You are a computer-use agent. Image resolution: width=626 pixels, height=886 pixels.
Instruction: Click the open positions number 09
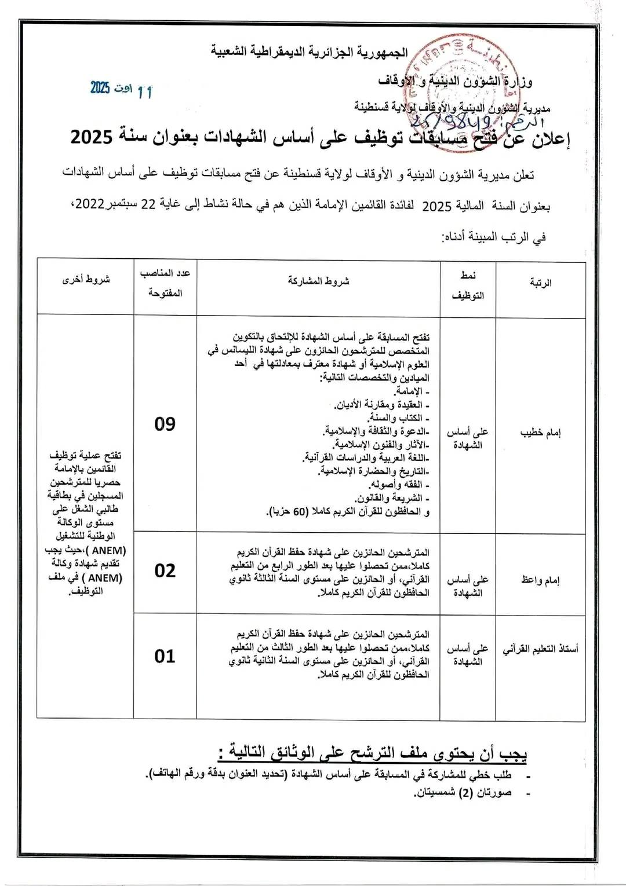coord(165,424)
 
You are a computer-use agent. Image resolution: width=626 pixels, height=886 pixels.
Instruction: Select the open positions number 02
coord(165,571)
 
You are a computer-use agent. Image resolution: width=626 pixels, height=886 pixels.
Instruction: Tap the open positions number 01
coord(165,656)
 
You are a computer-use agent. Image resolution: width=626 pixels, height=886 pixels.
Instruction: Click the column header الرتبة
coord(540,283)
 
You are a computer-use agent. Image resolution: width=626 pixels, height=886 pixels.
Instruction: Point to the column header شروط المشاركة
coord(318,281)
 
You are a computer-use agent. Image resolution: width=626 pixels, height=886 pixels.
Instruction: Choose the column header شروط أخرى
coord(86,280)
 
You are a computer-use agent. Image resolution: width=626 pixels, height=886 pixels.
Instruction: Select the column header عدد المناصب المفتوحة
coord(165,283)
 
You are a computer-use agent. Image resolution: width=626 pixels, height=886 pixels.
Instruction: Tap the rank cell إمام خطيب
coord(540,433)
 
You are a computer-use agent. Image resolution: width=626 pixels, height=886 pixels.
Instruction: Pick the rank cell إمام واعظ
coord(540,580)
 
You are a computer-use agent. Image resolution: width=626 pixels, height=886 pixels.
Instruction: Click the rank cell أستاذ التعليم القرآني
coord(540,649)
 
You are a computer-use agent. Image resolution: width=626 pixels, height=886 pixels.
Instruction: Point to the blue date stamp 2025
coord(100,87)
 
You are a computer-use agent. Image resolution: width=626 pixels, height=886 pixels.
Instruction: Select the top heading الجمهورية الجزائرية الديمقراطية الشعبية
coord(310,52)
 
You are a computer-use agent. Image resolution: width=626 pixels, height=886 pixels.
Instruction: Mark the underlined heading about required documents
coord(373,753)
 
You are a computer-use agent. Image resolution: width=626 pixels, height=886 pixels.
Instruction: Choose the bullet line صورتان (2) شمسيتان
coord(462,793)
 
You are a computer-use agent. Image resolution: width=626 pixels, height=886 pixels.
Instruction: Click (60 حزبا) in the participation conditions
coord(289,512)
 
